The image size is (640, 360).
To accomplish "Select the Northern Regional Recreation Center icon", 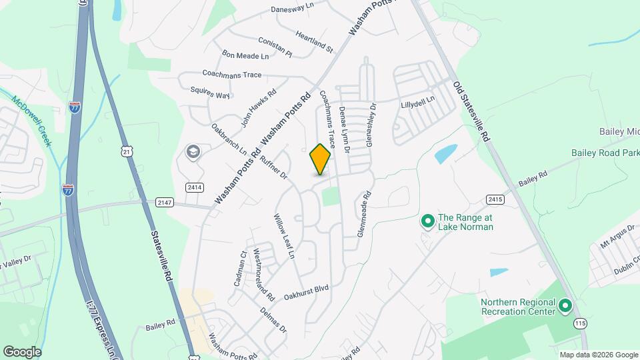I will click(565, 306).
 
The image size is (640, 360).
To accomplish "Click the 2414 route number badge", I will click(195, 187).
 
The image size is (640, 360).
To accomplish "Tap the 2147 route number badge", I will click(164, 202).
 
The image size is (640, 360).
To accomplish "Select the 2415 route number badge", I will click(495, 199).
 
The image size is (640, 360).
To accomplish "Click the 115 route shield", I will click(579, 323).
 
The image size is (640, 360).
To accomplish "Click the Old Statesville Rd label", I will click(472, 111).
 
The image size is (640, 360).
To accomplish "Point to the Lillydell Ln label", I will click(417, 103).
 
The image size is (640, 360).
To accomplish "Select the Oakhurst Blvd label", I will click(306, 291).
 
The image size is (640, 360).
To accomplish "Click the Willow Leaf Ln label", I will click(285, 236).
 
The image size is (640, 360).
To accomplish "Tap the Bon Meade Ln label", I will click(245, 55).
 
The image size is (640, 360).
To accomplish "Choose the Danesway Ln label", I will click(292, 8).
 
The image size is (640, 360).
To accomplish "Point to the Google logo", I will click(22, 351).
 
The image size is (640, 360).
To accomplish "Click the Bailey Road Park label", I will click(605, 153).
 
